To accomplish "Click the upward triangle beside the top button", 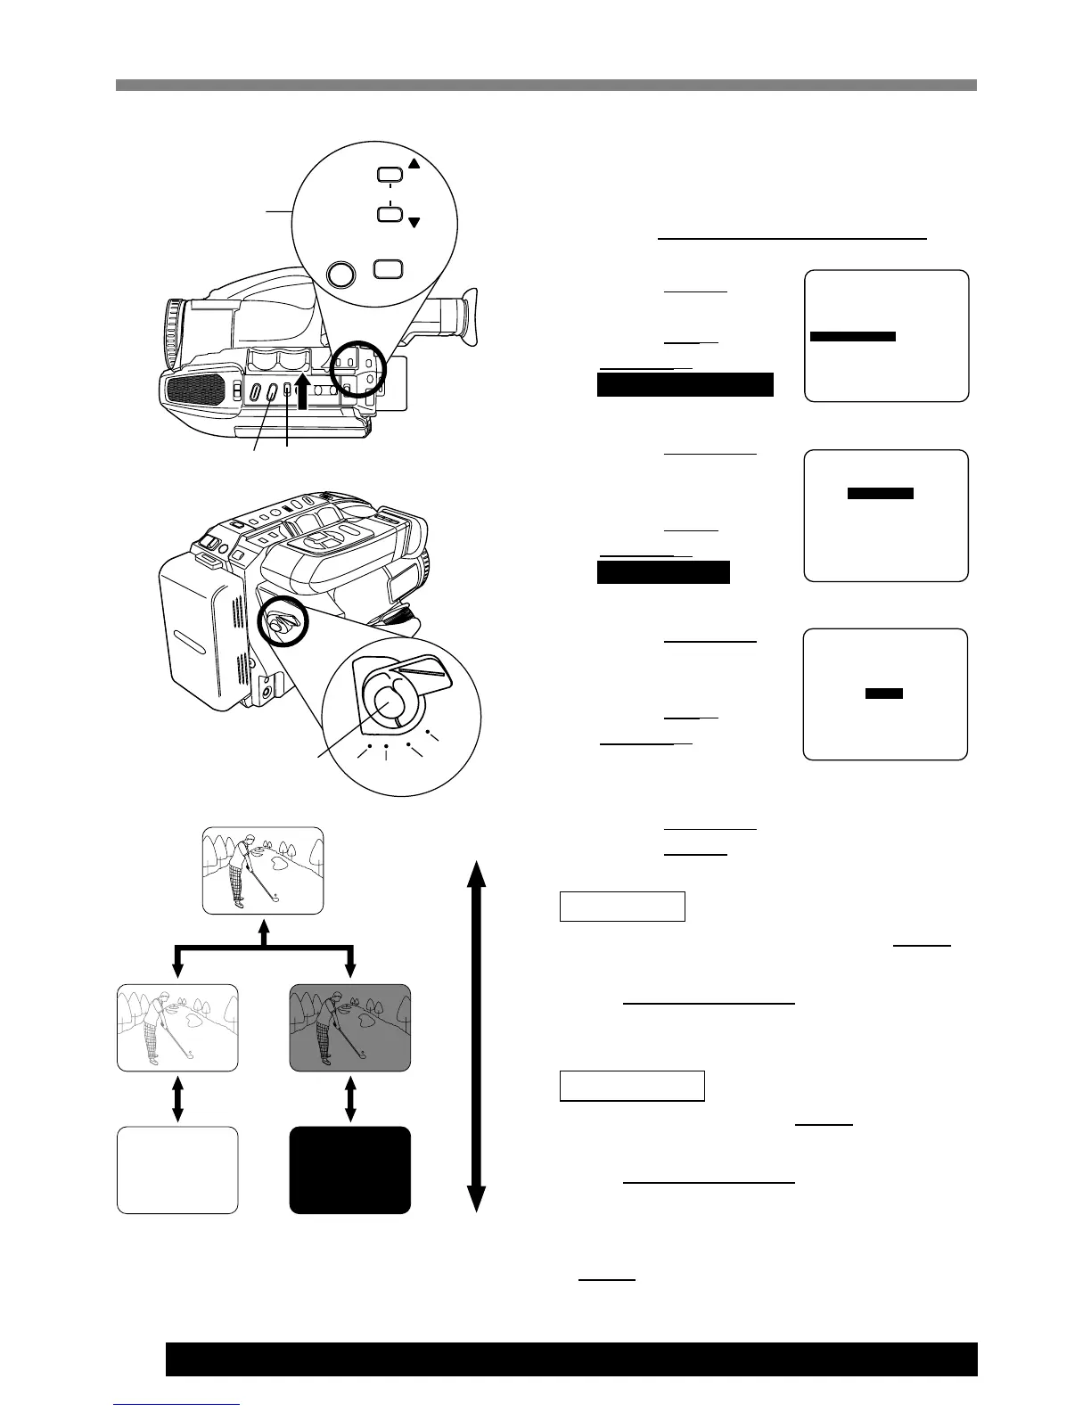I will pyautogui.click(x=414, y=164).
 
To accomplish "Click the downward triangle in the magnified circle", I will pyautogui.click(x=414, y=222).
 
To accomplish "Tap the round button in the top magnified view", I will pyautogui.click(x=340, y=273).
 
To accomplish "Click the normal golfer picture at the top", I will pyautogui.click(x=263, y=870).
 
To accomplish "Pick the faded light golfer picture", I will pyautogui.click(x=177, y=1027).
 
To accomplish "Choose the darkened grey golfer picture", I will pyautogui.click(x=350, y=1027).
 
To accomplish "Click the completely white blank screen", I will pyautogui.click(x=177, y=1170).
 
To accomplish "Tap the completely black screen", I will pyautogui.click(x=350, y=1170).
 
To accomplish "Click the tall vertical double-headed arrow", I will pyautogui.click(x=476, y=1036).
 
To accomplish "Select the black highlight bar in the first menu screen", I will pyautogui.click(x=852, y=336).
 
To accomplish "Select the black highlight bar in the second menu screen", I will pyautogui.click(x=880, y=493).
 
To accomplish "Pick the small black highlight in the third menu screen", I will pyautogui.click(x=884, y=693).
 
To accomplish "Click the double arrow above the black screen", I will pyautogui.click(x=350, y=1098).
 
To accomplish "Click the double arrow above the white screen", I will pyautogui.click(x=177, y=1098).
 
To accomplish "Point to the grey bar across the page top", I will pyautogui.click(x=545, y=86).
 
